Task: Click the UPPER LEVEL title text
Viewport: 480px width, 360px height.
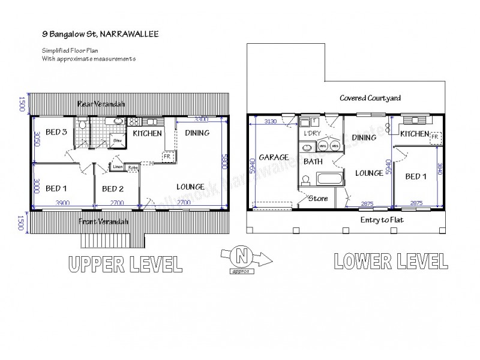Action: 124,263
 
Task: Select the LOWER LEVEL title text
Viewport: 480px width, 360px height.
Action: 389,261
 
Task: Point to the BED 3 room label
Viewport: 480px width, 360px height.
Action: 55,132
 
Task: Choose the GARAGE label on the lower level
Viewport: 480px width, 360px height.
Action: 273,157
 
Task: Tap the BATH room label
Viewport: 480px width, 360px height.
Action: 313,161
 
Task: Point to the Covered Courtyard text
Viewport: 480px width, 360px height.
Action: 370,98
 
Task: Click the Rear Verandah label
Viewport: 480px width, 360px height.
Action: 101,104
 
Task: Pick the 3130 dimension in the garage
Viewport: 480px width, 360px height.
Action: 272,122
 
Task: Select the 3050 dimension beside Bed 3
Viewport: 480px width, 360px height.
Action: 37,139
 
